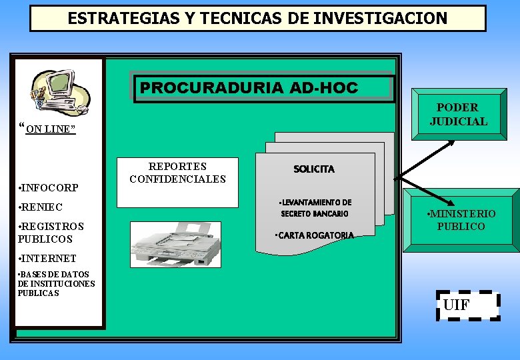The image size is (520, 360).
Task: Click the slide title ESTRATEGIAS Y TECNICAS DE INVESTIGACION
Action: click(x=257, y=19)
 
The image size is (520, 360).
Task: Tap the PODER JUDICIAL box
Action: click(x=459, y=115)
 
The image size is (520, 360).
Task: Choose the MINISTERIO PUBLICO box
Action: click(x=461, y=220)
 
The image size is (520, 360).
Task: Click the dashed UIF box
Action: click(x=467, y=306)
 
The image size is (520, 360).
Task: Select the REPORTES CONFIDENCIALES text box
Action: click(x=177, y=173)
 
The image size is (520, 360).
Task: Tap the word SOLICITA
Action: click(x=314, y=169)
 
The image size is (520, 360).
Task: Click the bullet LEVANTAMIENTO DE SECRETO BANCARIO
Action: click(x=315, y=208)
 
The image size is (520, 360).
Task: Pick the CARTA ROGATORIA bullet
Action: click(x=315, y=235)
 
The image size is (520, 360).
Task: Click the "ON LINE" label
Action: click(x=49, y=129)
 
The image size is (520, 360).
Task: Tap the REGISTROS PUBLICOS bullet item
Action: click(x=51, y=233)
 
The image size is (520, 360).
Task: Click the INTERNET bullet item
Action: click(x=47, y=259)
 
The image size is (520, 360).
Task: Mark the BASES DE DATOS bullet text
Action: click(x=57, y=283)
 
